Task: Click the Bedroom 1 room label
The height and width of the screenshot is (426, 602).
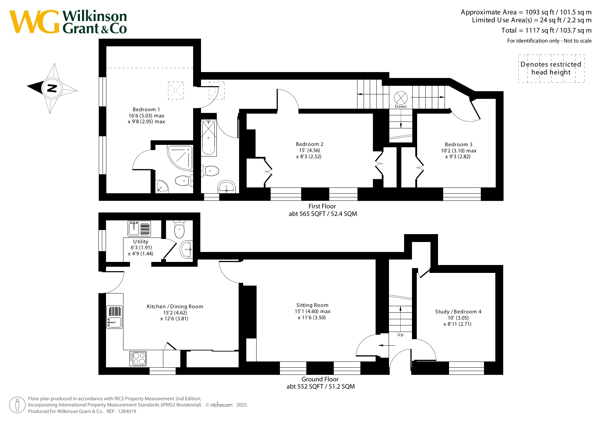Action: tap(146, 110)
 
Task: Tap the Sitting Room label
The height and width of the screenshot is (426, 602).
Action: tap(312, 305)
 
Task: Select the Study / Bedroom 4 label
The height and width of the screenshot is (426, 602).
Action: tap(458, 312)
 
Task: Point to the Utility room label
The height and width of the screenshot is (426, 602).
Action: tap(141, 242)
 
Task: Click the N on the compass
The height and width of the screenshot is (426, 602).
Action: tap(52, 88)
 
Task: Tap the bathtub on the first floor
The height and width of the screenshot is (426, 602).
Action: tap(209, 138)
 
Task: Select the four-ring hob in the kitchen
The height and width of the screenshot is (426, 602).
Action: tap(138, 359)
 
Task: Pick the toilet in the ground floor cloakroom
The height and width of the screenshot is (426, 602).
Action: tap(179, 229)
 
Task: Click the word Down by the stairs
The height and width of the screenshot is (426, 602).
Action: tap(401, 106)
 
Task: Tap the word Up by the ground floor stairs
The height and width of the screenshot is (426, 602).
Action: tap(400, 335)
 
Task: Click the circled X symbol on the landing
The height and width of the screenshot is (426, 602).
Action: tap(401, 98)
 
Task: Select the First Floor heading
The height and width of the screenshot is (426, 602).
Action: tap(322, 206)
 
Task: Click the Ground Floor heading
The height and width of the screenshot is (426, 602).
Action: tap(320, 379)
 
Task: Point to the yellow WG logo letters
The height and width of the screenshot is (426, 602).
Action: tap(34, 22)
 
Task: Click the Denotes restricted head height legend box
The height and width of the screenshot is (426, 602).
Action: tap(551, 68)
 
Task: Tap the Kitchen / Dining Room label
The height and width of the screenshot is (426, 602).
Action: tap(175, 307)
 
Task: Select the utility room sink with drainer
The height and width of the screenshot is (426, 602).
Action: tap(139, 229)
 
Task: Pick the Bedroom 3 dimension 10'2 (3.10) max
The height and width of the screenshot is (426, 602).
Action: tap(459, 151)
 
